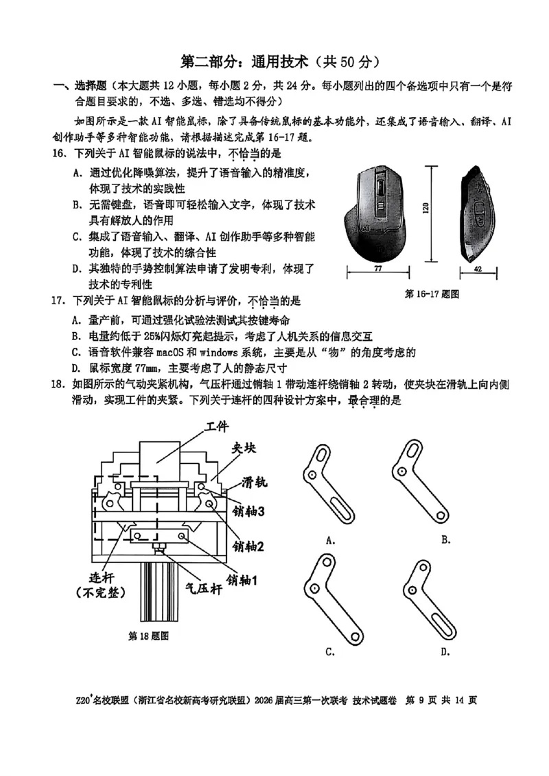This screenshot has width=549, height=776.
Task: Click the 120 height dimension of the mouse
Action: coord(426,208)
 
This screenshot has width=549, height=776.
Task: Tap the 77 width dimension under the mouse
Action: coord(378,270)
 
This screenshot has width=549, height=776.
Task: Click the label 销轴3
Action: coord(249,511)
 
